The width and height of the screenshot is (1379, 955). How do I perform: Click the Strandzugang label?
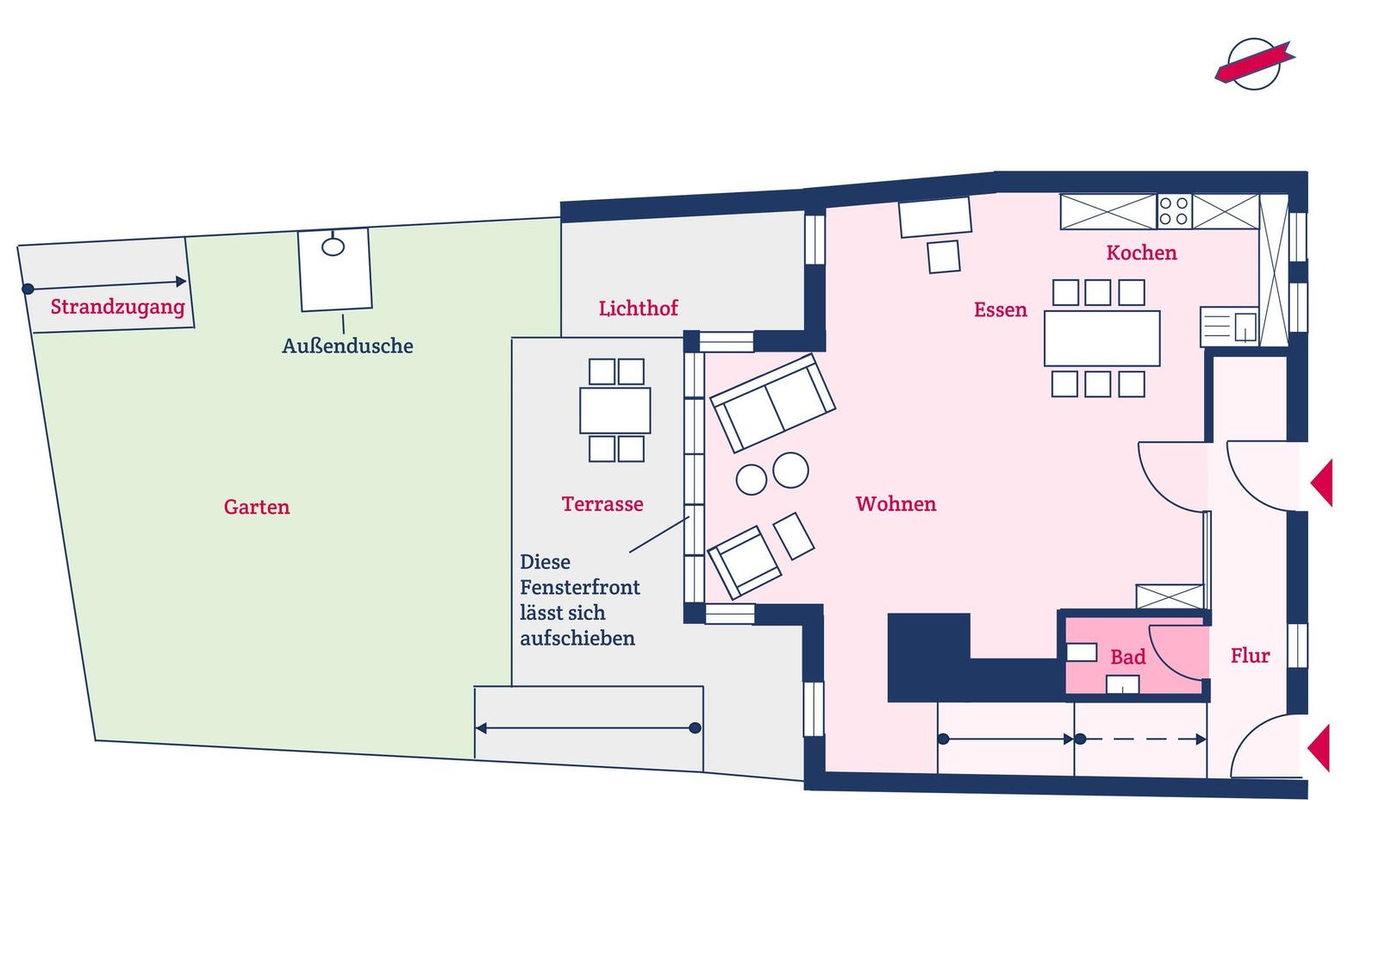117,307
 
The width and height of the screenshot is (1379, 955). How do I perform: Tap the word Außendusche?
347,346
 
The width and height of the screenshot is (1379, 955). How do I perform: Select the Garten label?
256,507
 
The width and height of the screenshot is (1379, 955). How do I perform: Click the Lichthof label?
639,308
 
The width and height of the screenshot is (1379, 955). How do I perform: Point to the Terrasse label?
602,504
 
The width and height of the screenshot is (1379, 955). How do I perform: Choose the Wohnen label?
895,503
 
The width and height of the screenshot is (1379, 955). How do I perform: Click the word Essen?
1001,309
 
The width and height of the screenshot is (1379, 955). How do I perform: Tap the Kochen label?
1141,253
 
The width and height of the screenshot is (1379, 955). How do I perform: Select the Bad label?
1128,657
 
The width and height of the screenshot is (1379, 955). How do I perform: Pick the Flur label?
1251,655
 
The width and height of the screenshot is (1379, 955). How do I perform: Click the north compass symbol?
1254,65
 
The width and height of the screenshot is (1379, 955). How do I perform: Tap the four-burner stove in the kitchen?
1174,211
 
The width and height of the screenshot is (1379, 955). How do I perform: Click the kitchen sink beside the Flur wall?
1229,327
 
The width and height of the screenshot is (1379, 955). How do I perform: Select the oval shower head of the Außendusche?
333,247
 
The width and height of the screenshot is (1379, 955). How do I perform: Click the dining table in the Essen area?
1102,339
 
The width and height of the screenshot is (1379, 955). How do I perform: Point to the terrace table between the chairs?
615,410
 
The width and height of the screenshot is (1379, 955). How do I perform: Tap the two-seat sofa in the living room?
772,403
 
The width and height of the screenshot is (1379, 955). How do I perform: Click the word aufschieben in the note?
577,639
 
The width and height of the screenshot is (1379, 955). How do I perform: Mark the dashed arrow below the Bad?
1141,739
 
